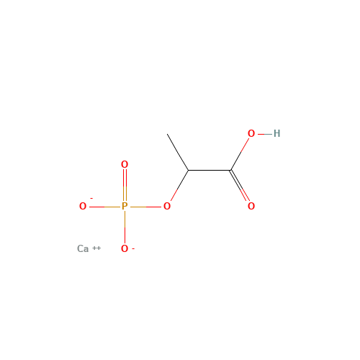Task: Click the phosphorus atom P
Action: coord(125,206)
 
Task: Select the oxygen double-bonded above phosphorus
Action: coord(125,164)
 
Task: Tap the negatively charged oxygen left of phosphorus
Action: coord(83,206)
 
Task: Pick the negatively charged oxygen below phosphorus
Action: coord(125,248)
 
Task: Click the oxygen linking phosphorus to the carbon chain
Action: coord(167,206)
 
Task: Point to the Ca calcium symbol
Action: coord(83,248)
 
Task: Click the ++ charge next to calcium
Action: coord(96,248)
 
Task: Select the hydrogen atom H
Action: coord(276,133)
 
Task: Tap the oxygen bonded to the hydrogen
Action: coord(251,133)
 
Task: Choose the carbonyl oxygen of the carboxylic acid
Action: coord(251,206)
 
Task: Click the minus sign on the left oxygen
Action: coord(91,198)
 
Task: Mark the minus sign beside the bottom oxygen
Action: coord(133,249)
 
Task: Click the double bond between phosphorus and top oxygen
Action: coord(125,185)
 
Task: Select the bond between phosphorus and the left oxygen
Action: coord(104,207)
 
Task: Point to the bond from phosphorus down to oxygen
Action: coord(125,227)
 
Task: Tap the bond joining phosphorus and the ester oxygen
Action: coord(145,207)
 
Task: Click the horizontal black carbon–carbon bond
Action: coord(210,170)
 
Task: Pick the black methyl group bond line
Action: coord(178,152)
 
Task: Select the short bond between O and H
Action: coord(265,134)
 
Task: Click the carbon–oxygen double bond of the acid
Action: coord(240,185)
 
